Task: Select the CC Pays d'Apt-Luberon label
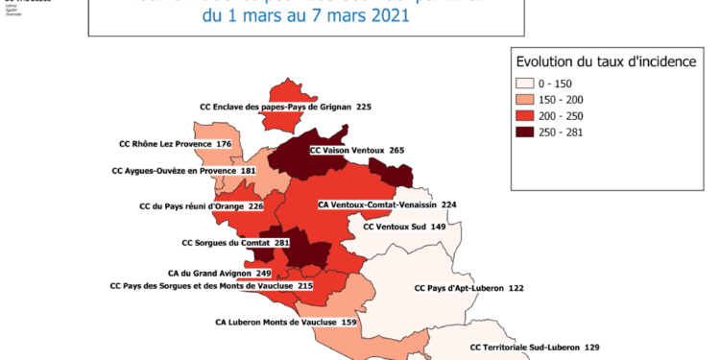(456, 288)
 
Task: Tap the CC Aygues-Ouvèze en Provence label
(172, 171)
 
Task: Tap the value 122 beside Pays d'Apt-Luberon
(516, 288)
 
